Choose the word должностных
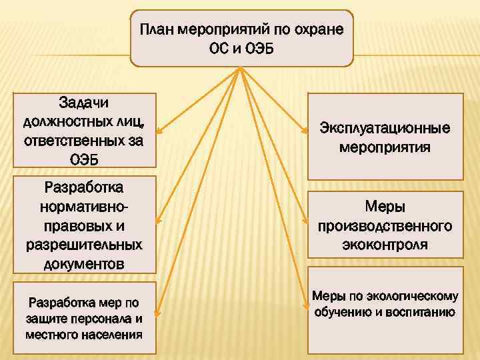point(63,122)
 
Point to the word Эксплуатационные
point(385,127)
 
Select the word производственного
point(385,226)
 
